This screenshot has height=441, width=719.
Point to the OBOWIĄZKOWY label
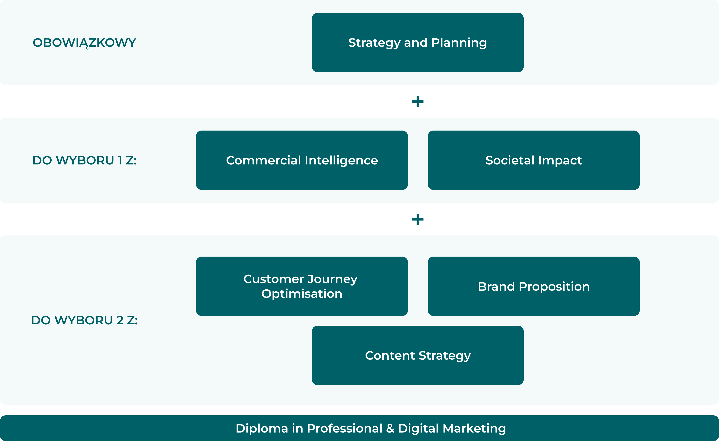(84, 43)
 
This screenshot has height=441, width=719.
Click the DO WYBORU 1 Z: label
(84, 160)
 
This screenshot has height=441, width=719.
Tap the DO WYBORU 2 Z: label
(84, 320)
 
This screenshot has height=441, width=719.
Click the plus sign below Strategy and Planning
(418, 102)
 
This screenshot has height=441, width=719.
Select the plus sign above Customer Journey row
(418, 219)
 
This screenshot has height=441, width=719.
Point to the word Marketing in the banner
(474, 428)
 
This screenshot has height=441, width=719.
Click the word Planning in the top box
(459, 43)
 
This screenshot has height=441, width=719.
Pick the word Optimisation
(302, 294)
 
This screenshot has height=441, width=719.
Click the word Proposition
(554, 287)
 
